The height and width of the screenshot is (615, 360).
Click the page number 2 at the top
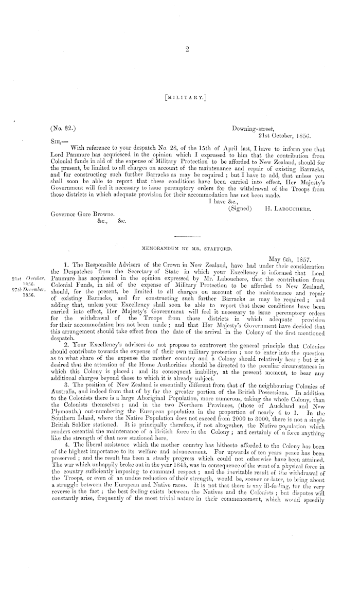(188, 49)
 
